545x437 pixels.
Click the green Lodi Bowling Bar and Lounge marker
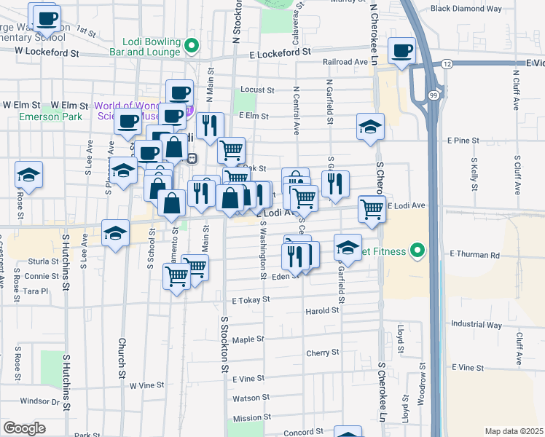pyautogui.click(x=192, y=47)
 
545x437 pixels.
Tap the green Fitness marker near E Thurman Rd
pyautogui.click(x=417, y=251)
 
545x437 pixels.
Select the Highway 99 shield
pyautogui.click(x=434, y=95)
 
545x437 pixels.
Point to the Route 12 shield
pyautogui.click(x=447, y=65)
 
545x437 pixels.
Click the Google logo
pyautogui.click(x=24, y=428)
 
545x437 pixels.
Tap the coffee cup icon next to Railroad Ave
pyautogui.click(x=401, y=51)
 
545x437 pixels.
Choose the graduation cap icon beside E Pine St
pyautogui.click(x=370, y=126)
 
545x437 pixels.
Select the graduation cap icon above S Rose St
pyautogui.click(x=28, y=175)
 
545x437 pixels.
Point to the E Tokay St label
pyautogui.click(x=251, y=299)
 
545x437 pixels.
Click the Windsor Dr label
pyautogui.click(x=39, y=401)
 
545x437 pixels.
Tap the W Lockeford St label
pyautogui.click(x=47, y=52)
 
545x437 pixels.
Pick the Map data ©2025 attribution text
pyautogui.click(x=513, y=431)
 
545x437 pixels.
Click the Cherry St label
pyautogui.click(x=323, y=353)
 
